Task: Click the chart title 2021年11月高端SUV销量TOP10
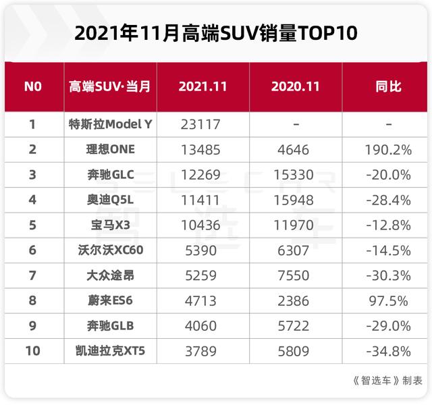coord(216,32)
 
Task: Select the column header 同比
coord(387,87)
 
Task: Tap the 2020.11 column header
coord(295,87)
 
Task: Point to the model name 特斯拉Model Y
coord(111,124)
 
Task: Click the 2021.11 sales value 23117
coord(202,124)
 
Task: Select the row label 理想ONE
coord(111,149)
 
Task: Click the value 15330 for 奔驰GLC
coord(294,175)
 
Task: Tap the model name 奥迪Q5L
coord(111,200)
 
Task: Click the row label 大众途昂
coord(111,275)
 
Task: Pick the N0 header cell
coord(32,87)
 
